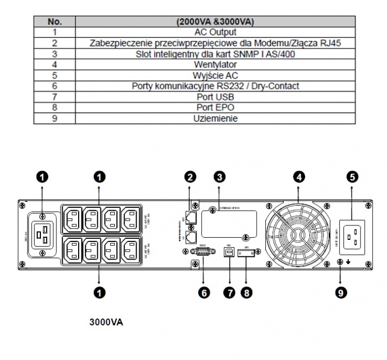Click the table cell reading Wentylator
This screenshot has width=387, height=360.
coord(215,64)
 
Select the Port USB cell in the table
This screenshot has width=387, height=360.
coord(215,97)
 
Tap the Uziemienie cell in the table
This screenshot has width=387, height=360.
coord(215,119)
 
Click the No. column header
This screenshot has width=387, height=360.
coord(55,21)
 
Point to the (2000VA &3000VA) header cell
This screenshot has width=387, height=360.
coord(215,21)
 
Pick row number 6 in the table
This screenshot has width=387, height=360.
coord(55,86)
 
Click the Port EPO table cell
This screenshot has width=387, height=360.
coord(215,107)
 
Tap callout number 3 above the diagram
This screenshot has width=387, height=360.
coord(218,176)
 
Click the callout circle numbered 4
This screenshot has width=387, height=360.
coord(299,176)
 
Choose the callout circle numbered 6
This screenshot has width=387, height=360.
coord(205,292)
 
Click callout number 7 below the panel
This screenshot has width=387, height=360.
coord(229,292)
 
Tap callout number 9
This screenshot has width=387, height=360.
coord(341,292)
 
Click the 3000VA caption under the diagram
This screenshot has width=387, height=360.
coord(107,322)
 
